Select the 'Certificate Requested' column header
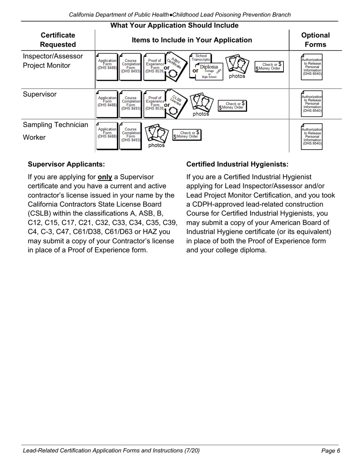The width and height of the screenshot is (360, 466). coord(58,40)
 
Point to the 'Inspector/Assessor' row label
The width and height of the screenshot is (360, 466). coord(53,56)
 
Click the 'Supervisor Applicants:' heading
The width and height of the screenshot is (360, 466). coord(66,164)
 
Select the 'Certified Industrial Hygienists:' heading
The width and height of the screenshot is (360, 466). coord(237,164)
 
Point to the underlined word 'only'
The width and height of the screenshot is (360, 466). coord(105,177)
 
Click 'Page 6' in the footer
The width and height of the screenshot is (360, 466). coord(330,450)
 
